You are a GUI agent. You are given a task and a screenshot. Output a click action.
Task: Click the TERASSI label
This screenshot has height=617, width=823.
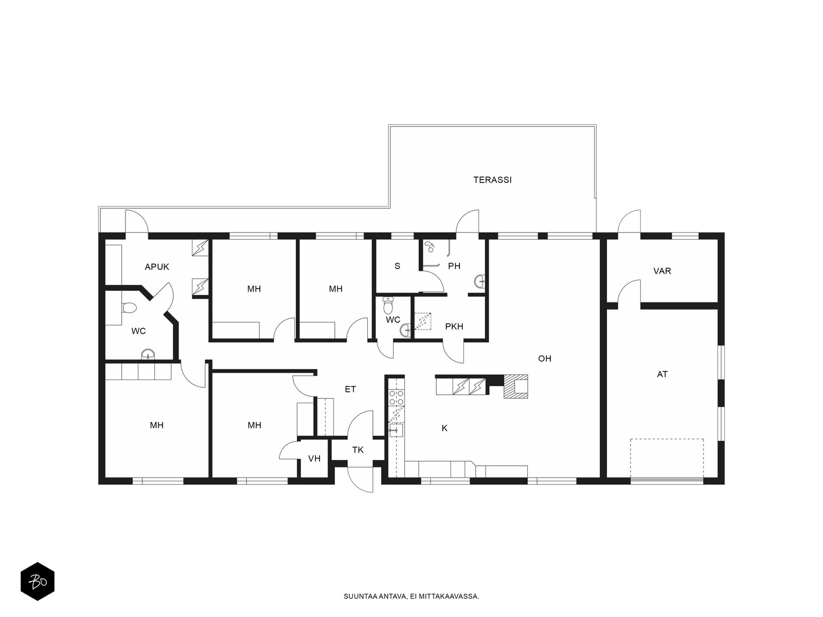[492, 180]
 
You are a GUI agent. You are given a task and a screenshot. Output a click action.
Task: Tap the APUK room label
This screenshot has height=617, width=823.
[157, 267]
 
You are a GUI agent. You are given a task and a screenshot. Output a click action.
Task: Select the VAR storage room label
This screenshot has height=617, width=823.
[662, 271]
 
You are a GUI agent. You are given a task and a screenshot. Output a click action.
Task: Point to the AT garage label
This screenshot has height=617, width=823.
[662, 374]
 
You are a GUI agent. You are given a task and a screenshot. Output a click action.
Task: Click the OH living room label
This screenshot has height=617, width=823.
[544, 358]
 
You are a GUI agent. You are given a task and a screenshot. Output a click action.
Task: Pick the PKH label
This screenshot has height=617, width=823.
[454, 326]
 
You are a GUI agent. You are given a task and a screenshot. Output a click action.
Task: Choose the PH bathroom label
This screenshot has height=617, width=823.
[454, 266]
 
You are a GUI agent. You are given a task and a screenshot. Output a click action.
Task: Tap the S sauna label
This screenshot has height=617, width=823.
[397, 266]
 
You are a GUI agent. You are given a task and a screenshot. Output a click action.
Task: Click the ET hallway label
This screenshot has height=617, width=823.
[350, 389]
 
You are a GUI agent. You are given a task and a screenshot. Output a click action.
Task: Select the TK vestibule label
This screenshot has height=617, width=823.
[357, 450]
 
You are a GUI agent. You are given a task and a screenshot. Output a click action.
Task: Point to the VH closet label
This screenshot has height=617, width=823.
[314, 459]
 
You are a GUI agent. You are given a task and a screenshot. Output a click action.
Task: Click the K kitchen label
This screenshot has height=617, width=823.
[444, 428]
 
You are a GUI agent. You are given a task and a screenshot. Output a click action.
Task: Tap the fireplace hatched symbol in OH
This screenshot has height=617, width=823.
[515, 386]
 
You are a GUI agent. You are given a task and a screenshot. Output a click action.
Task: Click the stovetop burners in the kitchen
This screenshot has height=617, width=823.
[396, 397]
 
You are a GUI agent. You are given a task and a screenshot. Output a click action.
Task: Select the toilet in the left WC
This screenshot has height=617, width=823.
[129, 308]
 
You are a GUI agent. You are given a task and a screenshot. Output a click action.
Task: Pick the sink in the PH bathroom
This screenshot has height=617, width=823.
[480, 281]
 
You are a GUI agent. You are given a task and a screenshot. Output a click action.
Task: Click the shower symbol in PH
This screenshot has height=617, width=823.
[429, 246]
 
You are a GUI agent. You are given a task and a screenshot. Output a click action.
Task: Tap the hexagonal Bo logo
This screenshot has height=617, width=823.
[38, 582]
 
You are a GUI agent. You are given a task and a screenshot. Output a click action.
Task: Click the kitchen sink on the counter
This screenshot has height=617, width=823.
[396, 430]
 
